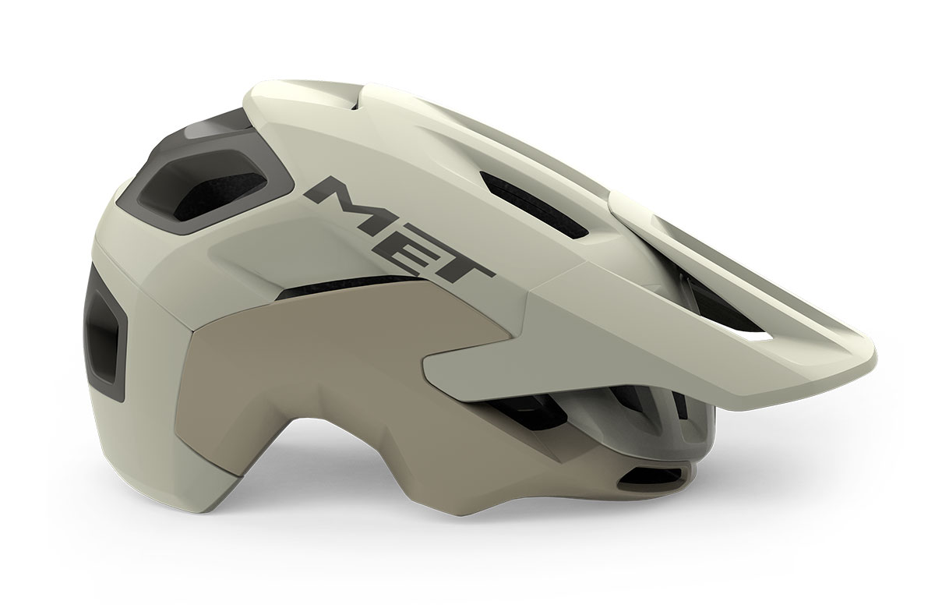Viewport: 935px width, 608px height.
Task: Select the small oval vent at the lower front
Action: [x=651, y=476]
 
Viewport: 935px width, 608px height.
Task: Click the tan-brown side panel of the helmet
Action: [x=334, y=376]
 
